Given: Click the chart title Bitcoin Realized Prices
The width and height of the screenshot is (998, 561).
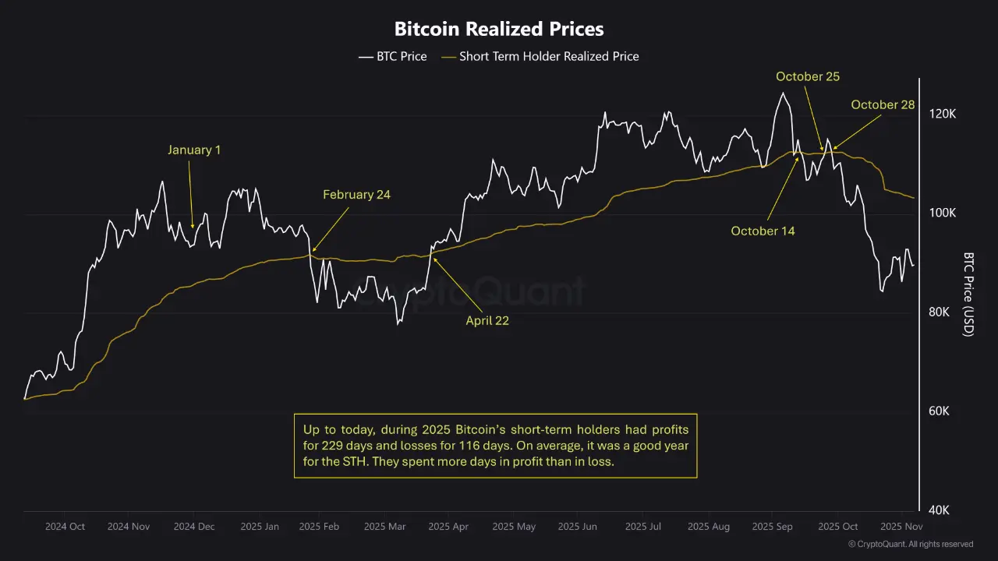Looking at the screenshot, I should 499,30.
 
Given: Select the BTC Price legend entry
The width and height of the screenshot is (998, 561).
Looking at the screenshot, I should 393,56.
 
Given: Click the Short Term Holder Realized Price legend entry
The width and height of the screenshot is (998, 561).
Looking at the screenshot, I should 540,56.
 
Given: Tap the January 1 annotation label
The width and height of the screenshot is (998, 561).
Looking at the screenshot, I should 194,150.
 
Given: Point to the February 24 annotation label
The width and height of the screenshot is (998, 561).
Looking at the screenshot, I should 356,195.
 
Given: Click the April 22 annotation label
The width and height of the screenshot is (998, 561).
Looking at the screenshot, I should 487,320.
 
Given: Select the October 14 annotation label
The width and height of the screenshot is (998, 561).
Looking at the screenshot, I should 763,231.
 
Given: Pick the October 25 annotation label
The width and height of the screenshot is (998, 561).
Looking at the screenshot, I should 807,76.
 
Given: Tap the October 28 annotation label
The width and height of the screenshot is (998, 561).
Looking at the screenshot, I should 883,104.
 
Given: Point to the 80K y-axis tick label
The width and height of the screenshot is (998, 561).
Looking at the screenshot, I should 943,312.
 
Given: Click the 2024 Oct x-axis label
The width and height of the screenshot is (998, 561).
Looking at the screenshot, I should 65,527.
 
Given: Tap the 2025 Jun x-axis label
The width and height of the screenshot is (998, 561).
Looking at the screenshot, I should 578,527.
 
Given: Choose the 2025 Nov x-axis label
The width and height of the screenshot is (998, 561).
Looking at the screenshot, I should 901,527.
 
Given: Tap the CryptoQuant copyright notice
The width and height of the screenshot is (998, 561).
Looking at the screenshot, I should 911,544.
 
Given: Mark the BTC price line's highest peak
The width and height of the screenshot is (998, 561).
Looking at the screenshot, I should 782,93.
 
